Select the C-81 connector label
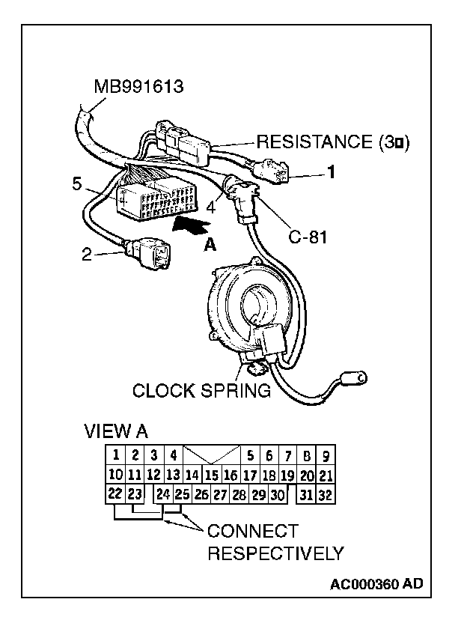[x=308, y=240]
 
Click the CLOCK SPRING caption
[x=201, y=390]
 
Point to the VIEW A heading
[x=116, y=431]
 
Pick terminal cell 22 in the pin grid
[x=115, y=494]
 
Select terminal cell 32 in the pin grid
[x=325, y=494]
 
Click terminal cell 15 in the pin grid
[x=211, y=475]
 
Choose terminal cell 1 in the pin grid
[x=115, y=455]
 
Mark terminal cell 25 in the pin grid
[x=181, y=494]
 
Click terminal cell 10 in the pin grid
[x=115, y=475]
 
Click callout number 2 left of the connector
[x=86, y=254]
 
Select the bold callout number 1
[x=330, y=172]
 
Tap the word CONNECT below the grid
[x=252, y=532]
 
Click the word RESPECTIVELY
[x=275, y=554]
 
